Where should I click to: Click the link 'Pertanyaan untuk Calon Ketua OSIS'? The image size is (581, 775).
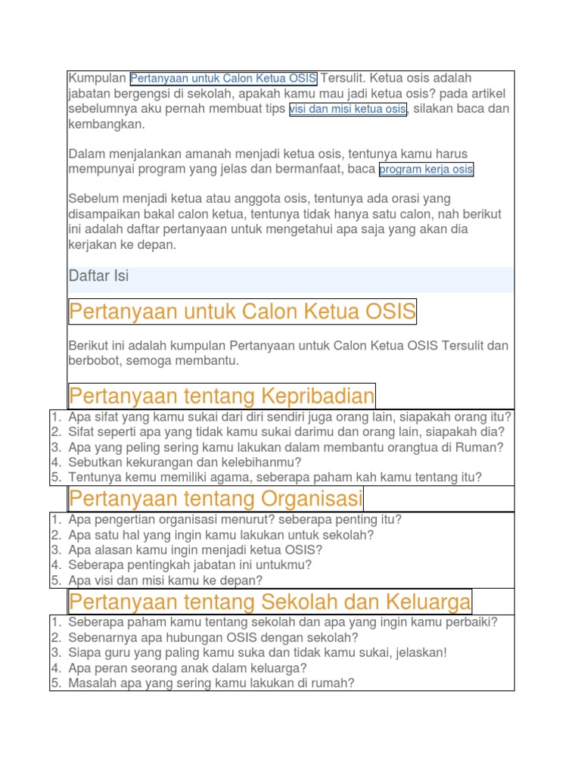(223, 79)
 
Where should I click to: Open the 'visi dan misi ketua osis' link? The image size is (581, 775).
(348, 109)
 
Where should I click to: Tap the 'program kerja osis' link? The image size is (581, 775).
(426, 170)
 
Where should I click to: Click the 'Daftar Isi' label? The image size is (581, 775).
(98, 276)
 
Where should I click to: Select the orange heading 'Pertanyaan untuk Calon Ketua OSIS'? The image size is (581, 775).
(242, 311)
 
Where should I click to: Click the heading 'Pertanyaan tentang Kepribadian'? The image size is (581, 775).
(222, 396)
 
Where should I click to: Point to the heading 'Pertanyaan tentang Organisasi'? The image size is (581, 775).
(216, 499)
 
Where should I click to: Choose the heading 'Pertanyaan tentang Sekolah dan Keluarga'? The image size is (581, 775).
(269, 602)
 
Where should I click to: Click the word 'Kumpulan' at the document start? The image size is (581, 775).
(97, 79)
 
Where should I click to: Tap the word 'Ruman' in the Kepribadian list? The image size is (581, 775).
(485, 447)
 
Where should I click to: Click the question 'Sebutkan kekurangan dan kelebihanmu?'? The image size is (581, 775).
(185, 462)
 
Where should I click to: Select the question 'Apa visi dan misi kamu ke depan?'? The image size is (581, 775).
(165, 580)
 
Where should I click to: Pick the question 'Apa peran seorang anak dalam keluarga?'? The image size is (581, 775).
(187, 668)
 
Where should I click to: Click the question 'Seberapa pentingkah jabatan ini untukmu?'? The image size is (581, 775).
(189, 565)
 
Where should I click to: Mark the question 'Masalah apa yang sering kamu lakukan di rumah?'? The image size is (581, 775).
(211, 683)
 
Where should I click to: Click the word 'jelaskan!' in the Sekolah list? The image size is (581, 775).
(421, 653)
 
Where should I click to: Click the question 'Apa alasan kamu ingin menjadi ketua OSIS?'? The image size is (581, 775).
(195, 550)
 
